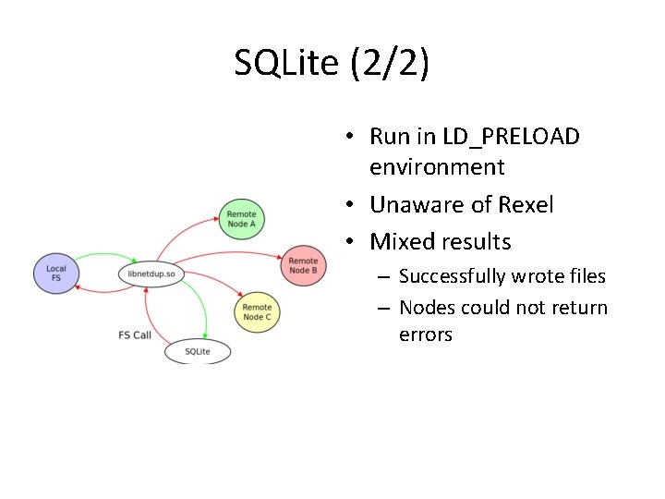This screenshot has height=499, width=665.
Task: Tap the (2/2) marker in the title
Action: (x=393, y=64)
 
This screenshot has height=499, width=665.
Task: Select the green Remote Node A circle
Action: (x=242, y=219)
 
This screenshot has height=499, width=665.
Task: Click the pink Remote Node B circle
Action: (x=303, y=266)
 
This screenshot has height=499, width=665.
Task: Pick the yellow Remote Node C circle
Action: (x=257, y=312)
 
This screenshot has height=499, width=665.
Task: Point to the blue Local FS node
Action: (x=56, y=273)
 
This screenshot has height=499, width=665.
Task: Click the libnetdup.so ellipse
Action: (x=152, y=274)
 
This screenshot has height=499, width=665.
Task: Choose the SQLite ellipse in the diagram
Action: (x=198, y=351)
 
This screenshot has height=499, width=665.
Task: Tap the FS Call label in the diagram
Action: (x=135, y=335)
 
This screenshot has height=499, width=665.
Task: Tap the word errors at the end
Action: (x=425, y=335)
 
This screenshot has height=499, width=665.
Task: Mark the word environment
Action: (x=437, y=167)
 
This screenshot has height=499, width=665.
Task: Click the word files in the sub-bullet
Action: (x=586, y=276)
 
